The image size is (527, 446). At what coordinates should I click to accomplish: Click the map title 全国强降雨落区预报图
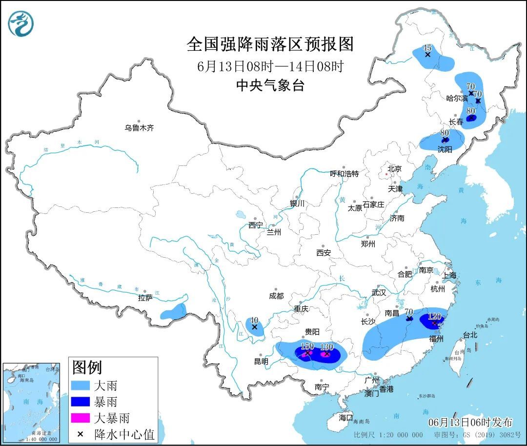tap(270, 44)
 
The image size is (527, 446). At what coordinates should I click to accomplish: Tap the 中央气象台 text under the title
tap(270, 86)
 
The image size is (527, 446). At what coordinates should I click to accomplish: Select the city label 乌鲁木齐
tap(139, 128)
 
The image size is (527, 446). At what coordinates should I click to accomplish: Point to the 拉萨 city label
tap(145, 298)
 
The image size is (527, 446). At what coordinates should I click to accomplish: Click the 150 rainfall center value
tap(307, 346)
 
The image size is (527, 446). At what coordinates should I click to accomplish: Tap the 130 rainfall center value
tap(326, 346)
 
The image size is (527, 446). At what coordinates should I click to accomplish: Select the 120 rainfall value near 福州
tap(434, 316)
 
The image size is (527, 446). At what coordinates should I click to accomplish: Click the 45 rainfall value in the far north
tap(427, 47)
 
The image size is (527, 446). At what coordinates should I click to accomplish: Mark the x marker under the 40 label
tap(254, 327)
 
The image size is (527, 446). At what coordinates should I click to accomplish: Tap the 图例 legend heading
tap(87, 366)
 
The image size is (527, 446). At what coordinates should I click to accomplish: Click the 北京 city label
tap(394, 169)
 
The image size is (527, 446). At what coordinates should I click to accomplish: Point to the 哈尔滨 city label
tap(457, 98)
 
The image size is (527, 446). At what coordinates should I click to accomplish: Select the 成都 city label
tap(276, 296)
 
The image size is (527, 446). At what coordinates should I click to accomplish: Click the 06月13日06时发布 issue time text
tap(470, 422)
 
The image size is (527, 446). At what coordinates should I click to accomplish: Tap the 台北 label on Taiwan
tap(470, 335)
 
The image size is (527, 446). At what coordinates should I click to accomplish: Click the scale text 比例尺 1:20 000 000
tap(388, 435)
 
